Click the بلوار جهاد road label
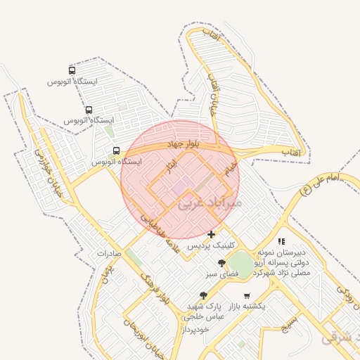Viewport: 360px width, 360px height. coord(184,144)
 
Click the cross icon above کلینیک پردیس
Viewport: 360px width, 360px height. coord(211,234)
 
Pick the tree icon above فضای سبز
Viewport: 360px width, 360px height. coord(222,263)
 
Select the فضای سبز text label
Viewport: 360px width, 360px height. coord(222,274)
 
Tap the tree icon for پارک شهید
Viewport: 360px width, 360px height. coord(204,296)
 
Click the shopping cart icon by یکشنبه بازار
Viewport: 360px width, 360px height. coord(246,296)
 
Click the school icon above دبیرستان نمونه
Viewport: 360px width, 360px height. coord(281,241)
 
